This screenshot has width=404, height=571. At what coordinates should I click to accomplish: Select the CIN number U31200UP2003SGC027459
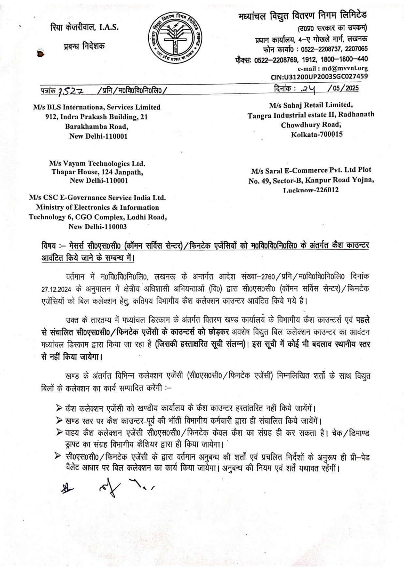(x=319, y=77)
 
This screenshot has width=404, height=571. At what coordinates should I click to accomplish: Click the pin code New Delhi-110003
(x=97, y=227)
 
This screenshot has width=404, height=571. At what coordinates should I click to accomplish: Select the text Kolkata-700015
(x=317, y=134)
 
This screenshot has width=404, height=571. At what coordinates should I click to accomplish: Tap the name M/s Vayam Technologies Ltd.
(x=97, y=163)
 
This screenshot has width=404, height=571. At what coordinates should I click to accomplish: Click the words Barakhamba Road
(x=97, y=127)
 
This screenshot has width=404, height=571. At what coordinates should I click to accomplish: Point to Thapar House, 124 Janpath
(x=97, y=172)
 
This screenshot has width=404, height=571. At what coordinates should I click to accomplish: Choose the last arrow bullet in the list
(x=59, y=457)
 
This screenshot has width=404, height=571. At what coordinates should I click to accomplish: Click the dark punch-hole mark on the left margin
(x=40, y=54)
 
